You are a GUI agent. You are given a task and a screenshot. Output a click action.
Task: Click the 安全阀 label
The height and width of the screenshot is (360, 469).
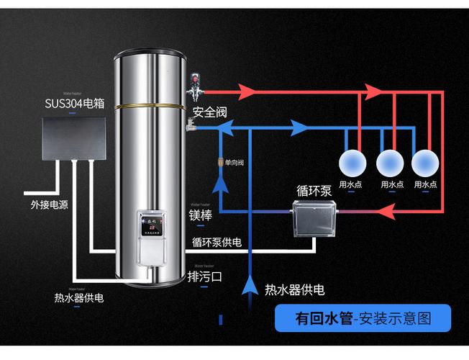tap(210, 112)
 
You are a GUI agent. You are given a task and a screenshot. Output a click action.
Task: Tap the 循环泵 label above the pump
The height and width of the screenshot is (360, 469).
tap(314, 192)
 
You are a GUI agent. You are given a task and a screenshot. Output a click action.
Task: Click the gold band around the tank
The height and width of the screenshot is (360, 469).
tap(149, 106)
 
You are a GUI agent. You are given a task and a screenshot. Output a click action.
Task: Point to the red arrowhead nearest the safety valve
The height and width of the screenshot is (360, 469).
tap(246, 91)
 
